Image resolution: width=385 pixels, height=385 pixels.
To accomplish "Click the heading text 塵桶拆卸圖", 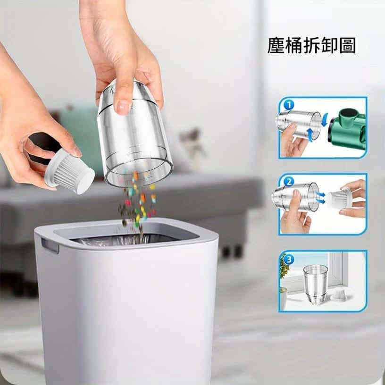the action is (311, 45).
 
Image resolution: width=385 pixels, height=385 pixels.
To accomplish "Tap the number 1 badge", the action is (289, 105).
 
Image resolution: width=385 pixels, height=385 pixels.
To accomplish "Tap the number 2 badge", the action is (289, 182).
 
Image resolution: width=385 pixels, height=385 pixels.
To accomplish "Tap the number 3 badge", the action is (289, 259).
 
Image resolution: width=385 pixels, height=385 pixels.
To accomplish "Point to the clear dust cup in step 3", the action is (315, 284).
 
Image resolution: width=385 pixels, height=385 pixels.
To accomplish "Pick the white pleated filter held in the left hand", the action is (70, 171).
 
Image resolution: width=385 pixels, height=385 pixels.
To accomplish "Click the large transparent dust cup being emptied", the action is (134, 134).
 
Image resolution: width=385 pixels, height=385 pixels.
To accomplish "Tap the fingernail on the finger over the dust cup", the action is (123, 106).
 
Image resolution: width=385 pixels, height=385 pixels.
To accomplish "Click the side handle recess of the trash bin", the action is (50, 246).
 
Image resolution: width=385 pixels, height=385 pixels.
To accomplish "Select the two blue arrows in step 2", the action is (321, 198).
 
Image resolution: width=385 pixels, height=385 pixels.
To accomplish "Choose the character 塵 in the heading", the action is (276, 45).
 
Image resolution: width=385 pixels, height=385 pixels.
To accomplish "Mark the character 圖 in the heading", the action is (348, 45).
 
